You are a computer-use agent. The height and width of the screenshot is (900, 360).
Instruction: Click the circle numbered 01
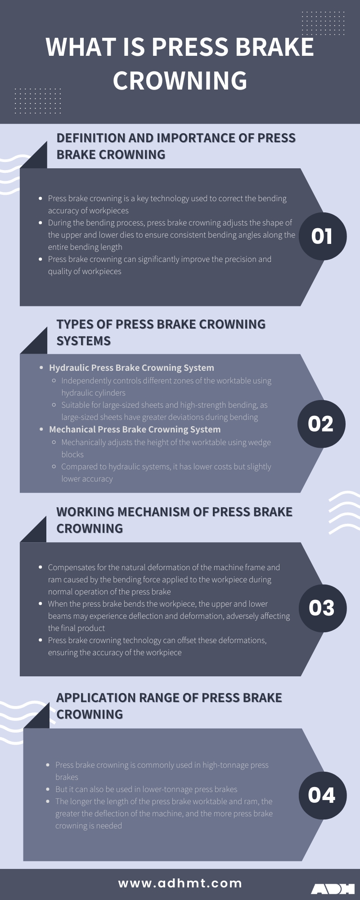pyautogui.click(x=322, y=236)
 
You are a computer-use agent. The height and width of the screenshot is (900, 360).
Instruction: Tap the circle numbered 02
pyautogui.click(x=321, y=424)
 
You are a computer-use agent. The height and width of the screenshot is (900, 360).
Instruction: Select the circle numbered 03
pyautogui.click(x=322, y=608)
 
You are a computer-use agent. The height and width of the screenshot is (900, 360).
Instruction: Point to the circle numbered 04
pyautogui.click(x=322, y=795)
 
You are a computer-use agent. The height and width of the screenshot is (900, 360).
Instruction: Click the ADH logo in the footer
pyautogui.click(x=333, y=889)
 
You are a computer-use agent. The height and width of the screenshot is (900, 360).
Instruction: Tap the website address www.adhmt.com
pyautogui.click(x=180, y=883)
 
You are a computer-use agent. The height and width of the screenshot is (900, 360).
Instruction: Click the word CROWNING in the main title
pyautogui.click(x=180, y=81)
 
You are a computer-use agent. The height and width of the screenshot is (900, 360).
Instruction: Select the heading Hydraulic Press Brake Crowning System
pyautogui.click(x=131, y=368)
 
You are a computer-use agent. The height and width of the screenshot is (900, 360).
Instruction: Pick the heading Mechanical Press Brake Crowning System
pyautogui.click(x=135, y=429)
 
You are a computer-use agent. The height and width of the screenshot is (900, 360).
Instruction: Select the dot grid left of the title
pyautogui.click(x=38, y=101)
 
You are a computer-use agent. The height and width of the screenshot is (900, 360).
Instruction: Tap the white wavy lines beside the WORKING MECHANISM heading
pyautogui.click(x=344, y=513)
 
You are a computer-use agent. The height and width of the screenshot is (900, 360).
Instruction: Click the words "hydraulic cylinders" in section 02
pyautogui.click(x=93, y=393)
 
